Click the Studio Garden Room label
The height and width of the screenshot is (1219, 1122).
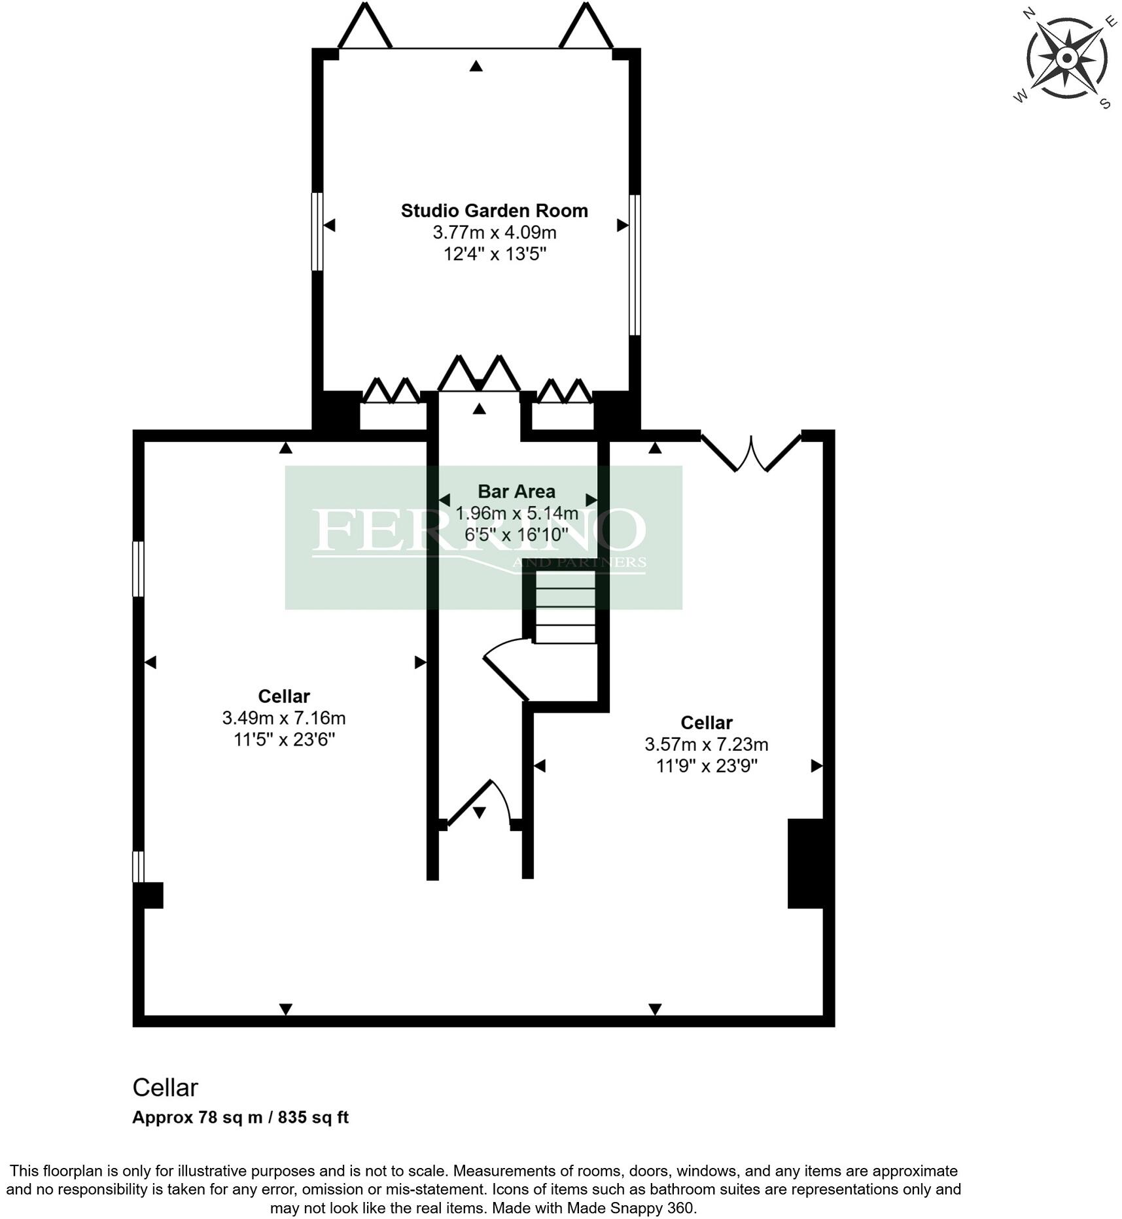coord(494,211)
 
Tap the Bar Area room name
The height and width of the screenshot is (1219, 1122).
coord(516,491)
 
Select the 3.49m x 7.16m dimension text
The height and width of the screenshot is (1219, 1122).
coord(283,718)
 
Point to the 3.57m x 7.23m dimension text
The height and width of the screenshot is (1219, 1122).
coord(706,744)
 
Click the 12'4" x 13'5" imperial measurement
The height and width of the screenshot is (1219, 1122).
coord(494,254)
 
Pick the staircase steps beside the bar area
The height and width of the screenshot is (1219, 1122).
coord(565,607)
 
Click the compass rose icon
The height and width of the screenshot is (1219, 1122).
coord(1066,59)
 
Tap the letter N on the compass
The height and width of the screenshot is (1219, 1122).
coord(1029,13)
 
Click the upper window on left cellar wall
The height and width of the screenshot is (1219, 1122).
coord(138,568)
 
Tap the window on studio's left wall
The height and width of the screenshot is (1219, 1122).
coord(317,231)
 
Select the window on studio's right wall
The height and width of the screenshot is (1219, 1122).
coord(634,265)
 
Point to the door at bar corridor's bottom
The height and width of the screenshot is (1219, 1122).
coord(481,804)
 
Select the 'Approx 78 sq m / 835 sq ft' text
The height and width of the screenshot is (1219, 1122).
coord(240,1116)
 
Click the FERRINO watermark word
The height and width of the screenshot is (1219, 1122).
coord(478,530)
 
